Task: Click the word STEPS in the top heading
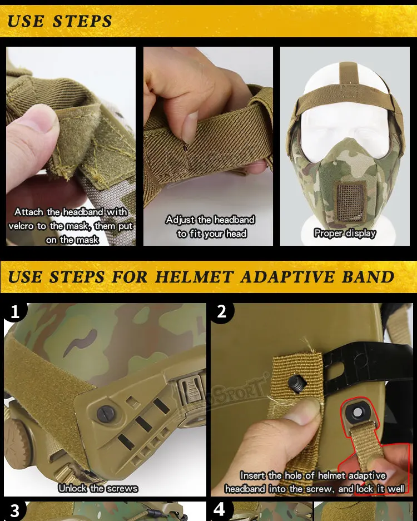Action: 82,21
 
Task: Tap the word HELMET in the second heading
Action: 195,277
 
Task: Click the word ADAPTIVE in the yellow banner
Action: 287,277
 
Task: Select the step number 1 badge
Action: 15,312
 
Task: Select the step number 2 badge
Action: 222,312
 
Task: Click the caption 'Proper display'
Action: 345,233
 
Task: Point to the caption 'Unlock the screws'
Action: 98,488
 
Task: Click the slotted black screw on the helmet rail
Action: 106,414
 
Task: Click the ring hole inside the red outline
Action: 357,413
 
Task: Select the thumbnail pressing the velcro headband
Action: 71,146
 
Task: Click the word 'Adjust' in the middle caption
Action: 180,220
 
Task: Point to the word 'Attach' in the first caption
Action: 29,212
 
